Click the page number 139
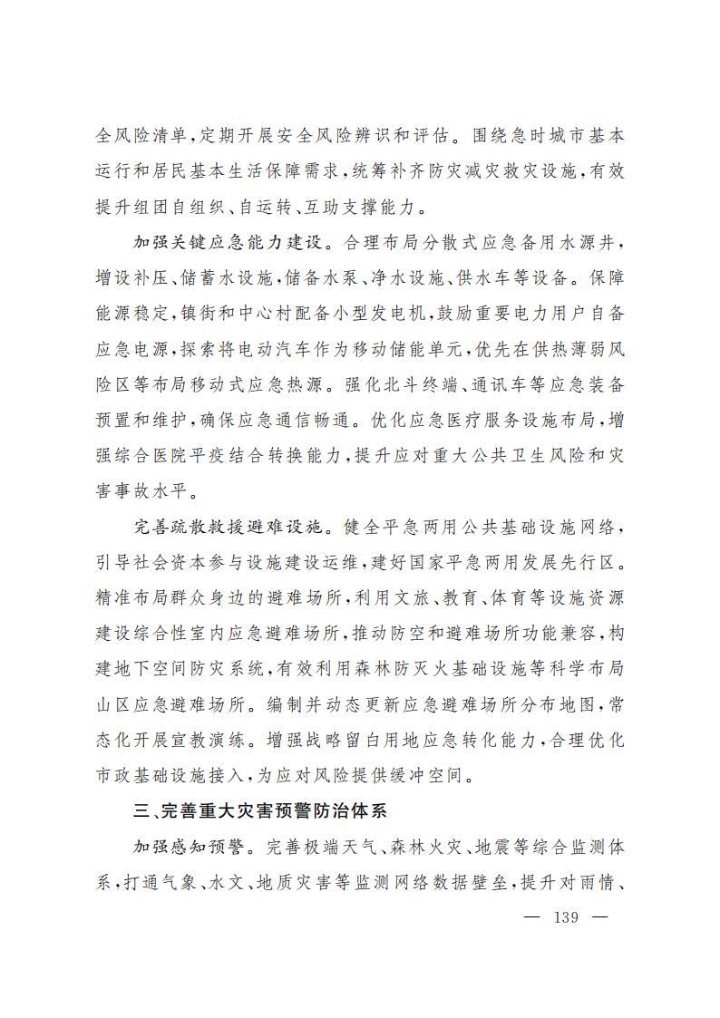565,916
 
